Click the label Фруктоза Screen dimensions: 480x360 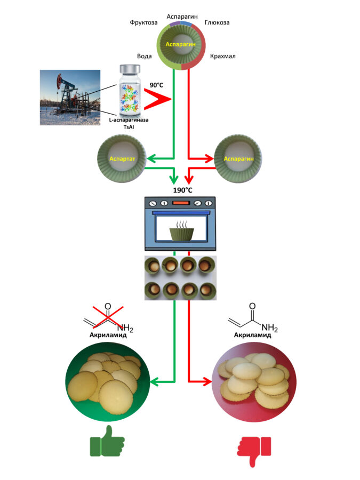tap(142, 23)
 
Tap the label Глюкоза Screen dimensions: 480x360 tap(218, 23)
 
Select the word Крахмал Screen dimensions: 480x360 tap(223, 55)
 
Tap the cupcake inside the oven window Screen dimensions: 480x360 tap(181, 232)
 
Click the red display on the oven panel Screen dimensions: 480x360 tap(181, 203)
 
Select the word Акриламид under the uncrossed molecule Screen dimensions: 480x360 tap(253, 335)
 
